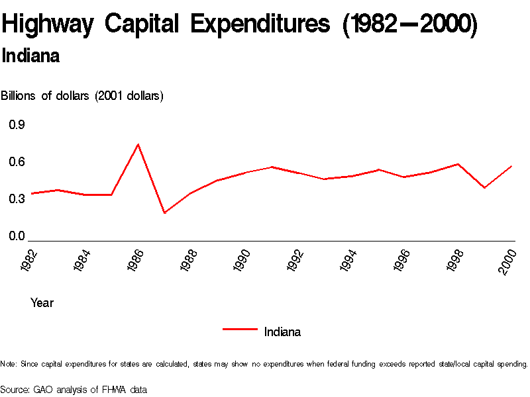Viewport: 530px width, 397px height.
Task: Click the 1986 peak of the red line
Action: [x=138, y=144]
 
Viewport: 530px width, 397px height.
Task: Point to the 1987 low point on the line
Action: [x=164, y=213]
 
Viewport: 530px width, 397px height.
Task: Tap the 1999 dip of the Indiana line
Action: [x=485, y=188]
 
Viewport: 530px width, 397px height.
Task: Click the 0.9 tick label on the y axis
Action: [x=17, y=125]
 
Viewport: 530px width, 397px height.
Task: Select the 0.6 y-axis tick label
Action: [x=17, y=162]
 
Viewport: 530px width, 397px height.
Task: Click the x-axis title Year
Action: [x=42, y=303]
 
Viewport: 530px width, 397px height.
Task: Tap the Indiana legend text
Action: [x=282, y=332]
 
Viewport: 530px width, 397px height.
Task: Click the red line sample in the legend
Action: [x=240, y=328]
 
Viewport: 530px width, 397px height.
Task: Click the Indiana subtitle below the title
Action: [x=31, y=56]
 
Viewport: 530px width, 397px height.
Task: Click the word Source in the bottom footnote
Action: [x=15, y=390]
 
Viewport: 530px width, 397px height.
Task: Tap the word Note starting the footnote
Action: [x=8, y=364]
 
